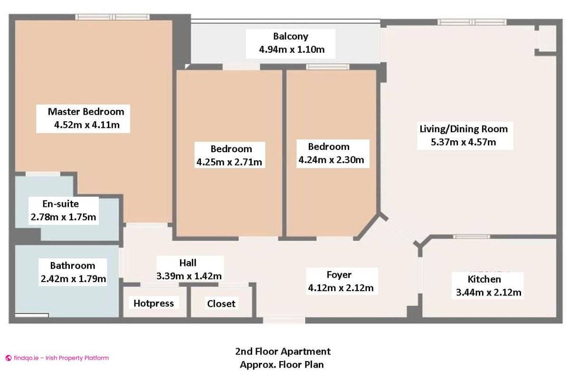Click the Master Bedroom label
[86, 112]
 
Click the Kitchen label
[484, 279]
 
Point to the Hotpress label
[153, 303]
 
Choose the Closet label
[221, 303]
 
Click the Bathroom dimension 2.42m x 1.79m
[73, 278]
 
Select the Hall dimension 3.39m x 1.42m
[189, 275]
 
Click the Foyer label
[339, 274]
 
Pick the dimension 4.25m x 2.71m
[229, 162]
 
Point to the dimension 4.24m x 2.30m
[331, 160]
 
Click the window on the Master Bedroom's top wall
[113, 17]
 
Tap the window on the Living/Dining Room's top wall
[472, 22]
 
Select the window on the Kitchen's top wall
[471, 236]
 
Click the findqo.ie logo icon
[8, 358]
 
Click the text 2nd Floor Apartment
[283, 352]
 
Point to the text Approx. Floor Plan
[283, 365]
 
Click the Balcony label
[291, 36]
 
